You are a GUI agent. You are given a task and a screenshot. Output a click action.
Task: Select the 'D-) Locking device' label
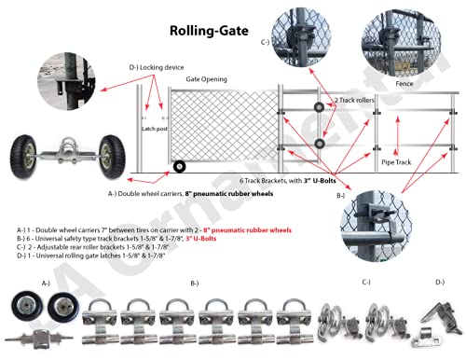pos(130,67)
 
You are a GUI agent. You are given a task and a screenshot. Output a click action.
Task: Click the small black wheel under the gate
pos(178,167)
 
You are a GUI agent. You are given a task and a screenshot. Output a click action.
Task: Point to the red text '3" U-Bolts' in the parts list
pos(211,238)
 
